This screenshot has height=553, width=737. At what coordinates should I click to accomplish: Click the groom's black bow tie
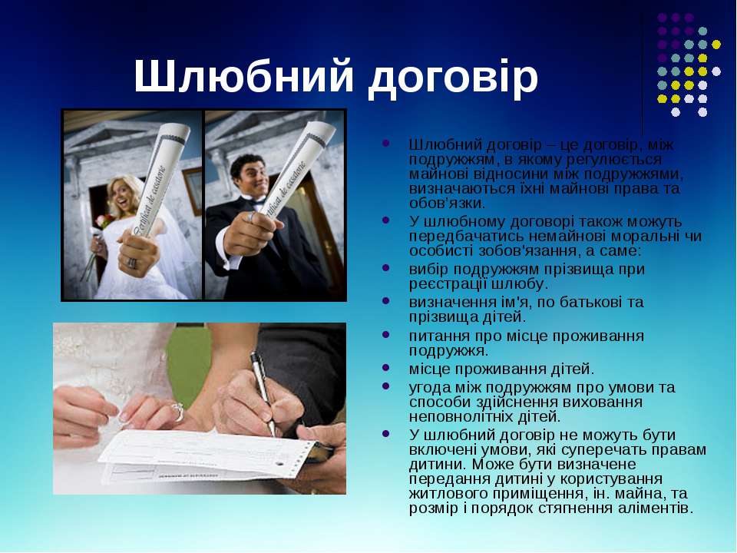[256, 201]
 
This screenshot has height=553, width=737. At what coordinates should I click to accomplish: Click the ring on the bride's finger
[177, 412]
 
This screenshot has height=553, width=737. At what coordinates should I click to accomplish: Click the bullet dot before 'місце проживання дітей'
[386, 367]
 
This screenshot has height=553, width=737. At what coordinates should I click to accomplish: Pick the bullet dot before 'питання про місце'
[386, 334]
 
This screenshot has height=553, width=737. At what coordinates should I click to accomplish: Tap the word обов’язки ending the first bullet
[447, 203]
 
